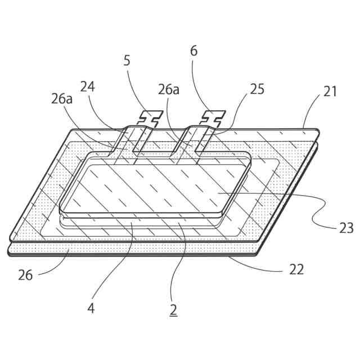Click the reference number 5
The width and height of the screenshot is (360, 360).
pos(127,61)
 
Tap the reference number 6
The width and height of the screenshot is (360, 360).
pos(194,51)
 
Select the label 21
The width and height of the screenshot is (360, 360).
pos(330,92)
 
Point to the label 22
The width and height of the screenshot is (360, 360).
pos(296,269)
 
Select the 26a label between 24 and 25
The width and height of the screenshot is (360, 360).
pos(168,89)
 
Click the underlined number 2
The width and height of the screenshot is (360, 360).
pos(173,309)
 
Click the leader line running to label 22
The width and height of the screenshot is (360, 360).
pos(259,264)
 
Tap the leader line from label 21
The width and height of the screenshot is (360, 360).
pos(312,113)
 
